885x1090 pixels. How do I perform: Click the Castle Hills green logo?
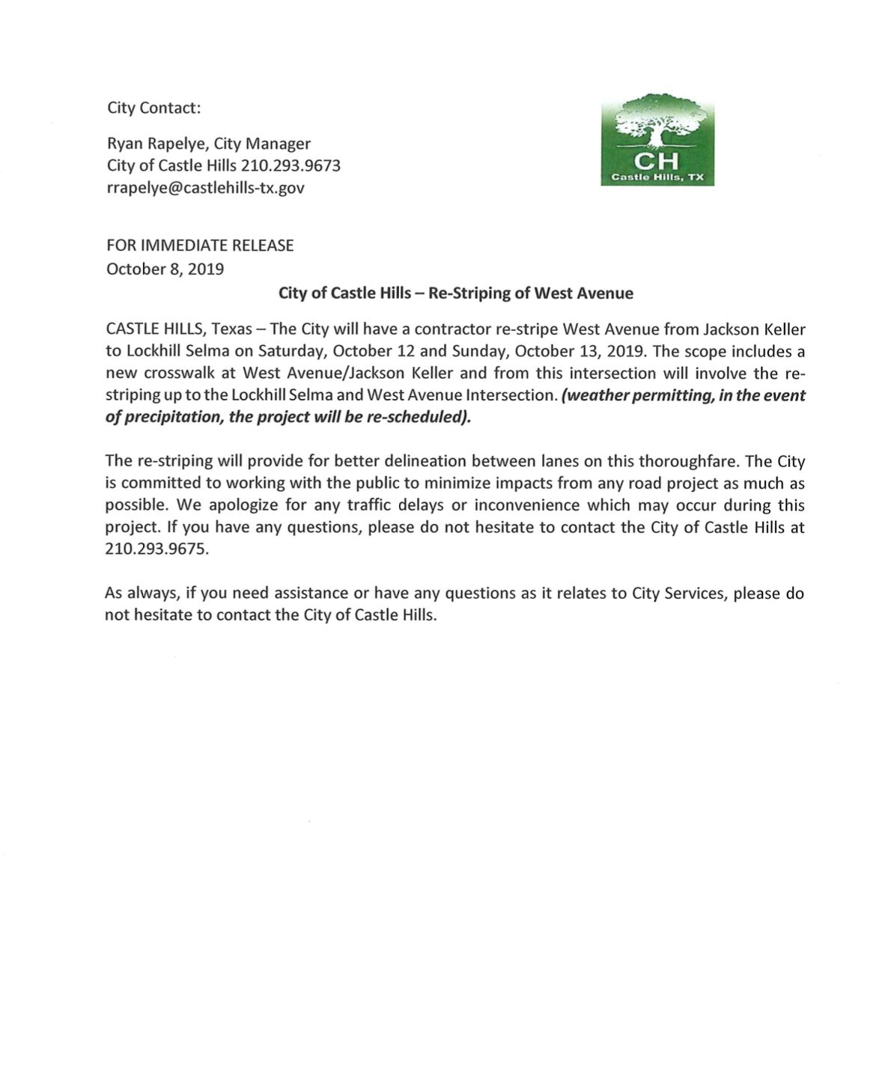point(657,140)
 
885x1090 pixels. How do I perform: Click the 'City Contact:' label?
point(153,108)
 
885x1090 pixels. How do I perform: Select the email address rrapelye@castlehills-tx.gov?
point(205,188)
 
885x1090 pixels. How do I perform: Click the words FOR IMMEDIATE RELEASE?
point(200,246)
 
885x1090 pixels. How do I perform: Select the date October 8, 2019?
point(165,269)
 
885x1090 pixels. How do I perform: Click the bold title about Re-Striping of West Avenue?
point(455,293)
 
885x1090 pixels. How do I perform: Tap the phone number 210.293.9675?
point(156,549)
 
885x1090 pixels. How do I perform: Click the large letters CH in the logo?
point(657,161)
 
